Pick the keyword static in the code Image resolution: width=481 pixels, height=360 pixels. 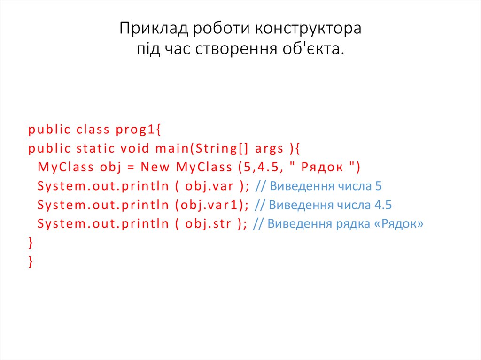95,149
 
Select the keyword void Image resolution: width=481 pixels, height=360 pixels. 135,149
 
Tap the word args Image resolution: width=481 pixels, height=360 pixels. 270,149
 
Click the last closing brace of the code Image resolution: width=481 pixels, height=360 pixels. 31,261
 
